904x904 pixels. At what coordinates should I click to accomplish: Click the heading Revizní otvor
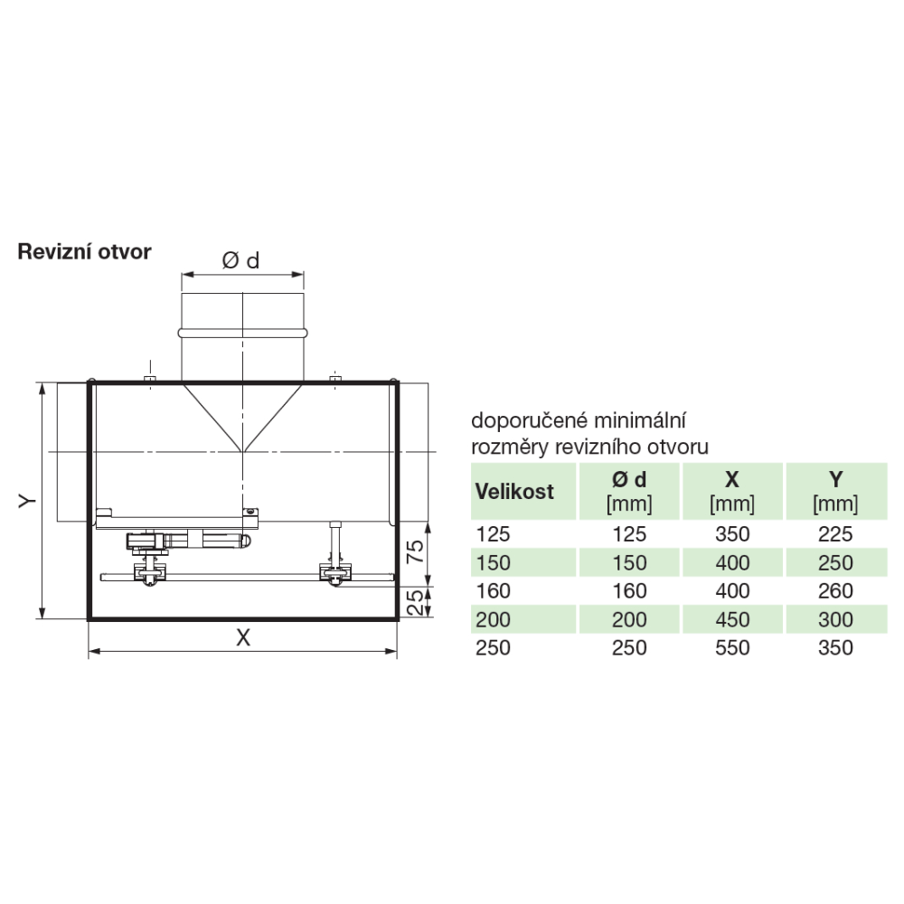tap(84, 252)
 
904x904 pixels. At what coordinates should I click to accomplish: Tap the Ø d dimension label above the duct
tap(241, 260)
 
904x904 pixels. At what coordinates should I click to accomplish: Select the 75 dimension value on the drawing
tap(415, 551)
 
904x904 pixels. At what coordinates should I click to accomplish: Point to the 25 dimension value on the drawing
tap(415, 602)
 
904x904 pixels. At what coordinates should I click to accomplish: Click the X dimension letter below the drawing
tap(243, 637)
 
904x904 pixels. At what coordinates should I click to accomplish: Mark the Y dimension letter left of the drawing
tap(27, 501)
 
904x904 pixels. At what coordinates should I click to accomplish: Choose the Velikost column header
tap(514, 492)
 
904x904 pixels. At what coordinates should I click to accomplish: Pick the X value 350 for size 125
tap(732, 534)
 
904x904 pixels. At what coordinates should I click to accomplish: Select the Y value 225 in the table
tap(835, 534)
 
